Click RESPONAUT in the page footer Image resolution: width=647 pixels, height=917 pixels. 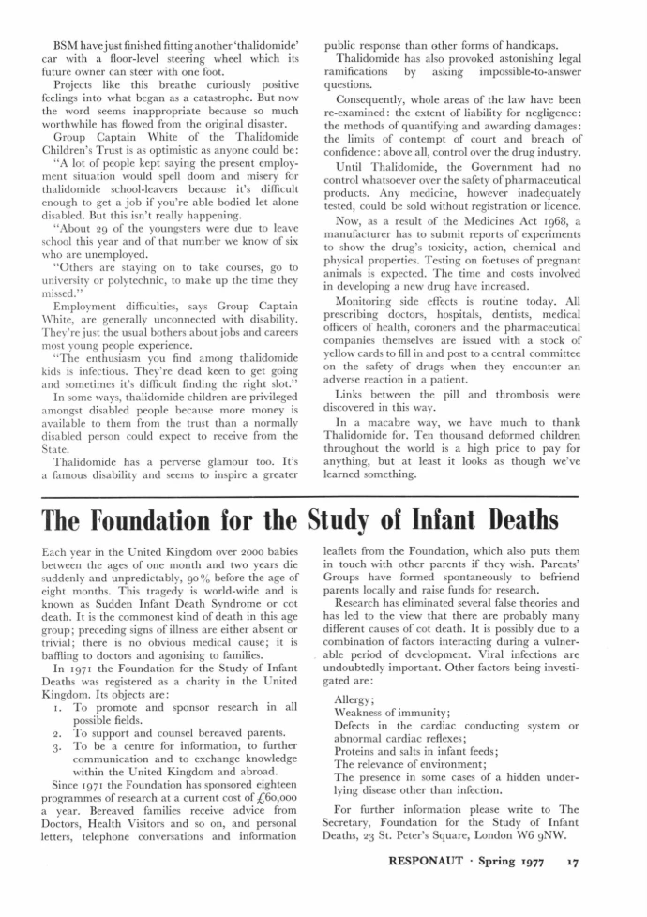click(x=425, y=877)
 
